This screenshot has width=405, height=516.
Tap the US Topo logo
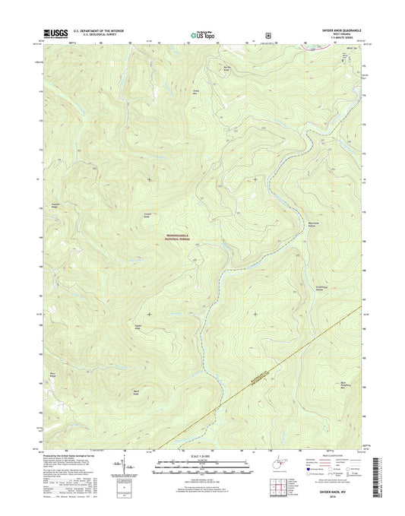point(201,34)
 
